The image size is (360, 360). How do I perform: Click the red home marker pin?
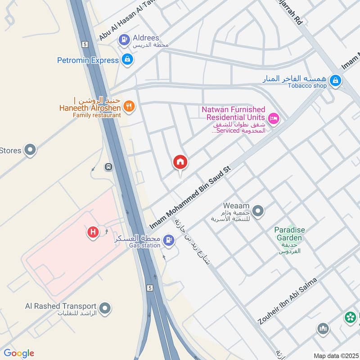coord(180,162)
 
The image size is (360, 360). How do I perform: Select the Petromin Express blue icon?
coord(127,59)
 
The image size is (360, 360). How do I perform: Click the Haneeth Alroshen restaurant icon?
coord(129,107)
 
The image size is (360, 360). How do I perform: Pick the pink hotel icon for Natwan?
coord(274,118)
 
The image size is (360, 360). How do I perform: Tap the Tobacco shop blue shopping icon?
coord(335,81)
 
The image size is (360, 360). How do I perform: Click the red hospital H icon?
coord(93,232)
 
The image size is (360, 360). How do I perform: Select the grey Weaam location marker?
coord(258,210)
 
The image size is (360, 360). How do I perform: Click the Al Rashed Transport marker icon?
coord(105,309)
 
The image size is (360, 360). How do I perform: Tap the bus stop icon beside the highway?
coord(108,167)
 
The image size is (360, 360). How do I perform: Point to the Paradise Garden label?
coord(290,230)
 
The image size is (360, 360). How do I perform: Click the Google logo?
coord(19,353)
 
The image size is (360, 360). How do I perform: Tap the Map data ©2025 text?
coord(335,355)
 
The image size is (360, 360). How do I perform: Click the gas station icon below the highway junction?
coord(169,239)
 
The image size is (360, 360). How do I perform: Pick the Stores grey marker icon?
coord(30,150)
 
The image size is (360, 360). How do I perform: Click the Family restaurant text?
coord(97,115)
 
